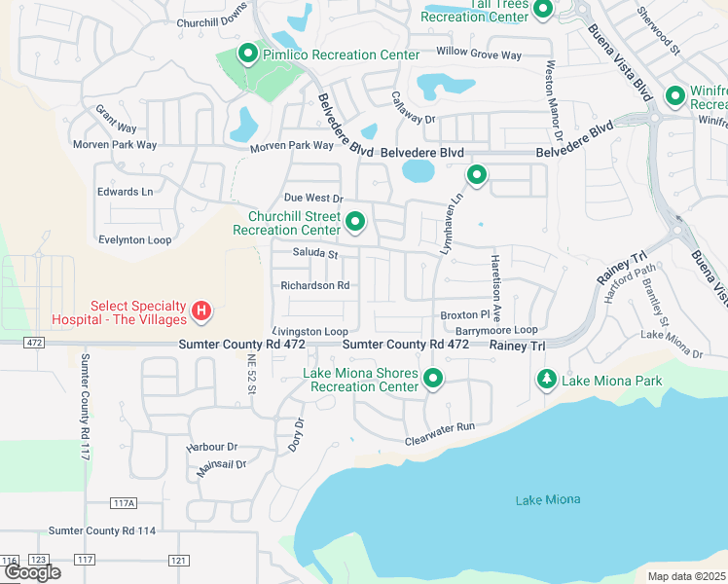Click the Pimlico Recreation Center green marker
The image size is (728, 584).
tap(248, 55)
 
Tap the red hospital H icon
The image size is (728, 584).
tap(200, 311)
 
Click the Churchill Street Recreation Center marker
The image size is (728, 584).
tap(355, 222)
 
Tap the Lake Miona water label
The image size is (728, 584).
tap(547, 499)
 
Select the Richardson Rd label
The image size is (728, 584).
tap(314, 286)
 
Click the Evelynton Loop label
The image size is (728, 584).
tap(134, 239)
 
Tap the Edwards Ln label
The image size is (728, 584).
tap(125, 192)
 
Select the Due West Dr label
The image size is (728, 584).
tap(313, 198)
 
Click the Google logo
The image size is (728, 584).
tap(32, 572)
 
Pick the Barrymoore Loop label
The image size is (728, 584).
tap(496, 330)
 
